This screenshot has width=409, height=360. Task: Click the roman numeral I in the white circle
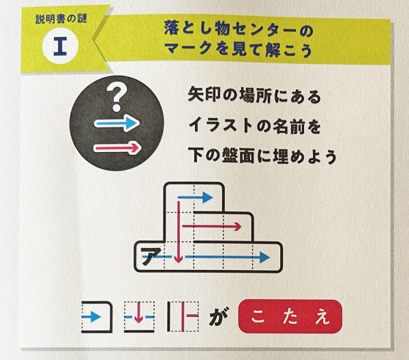[61, 46]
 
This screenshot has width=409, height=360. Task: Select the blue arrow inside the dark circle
[117, 123]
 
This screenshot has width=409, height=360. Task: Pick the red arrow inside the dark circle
[117, 148]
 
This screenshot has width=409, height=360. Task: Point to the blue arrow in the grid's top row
[195, 198]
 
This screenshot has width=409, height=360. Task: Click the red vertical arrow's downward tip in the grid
[179, 262]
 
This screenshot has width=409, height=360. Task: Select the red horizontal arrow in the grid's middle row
[211, 226]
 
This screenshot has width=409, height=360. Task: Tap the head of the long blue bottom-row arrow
[264, 258]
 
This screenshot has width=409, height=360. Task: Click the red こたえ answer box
[290, 316]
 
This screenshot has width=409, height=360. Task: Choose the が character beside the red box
[219, 316]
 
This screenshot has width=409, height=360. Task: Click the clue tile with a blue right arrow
[97, 317]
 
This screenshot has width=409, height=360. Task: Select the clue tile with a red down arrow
[139, 316]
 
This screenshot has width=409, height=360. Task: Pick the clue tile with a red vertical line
[183, 316]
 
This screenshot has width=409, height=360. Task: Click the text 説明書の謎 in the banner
[61, 19]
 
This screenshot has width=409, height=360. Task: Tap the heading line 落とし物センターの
[239, 29]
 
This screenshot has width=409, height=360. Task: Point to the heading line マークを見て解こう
[238, 49]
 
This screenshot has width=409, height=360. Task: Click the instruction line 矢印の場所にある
[254, 95]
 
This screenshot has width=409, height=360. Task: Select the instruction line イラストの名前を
[254, 126]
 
